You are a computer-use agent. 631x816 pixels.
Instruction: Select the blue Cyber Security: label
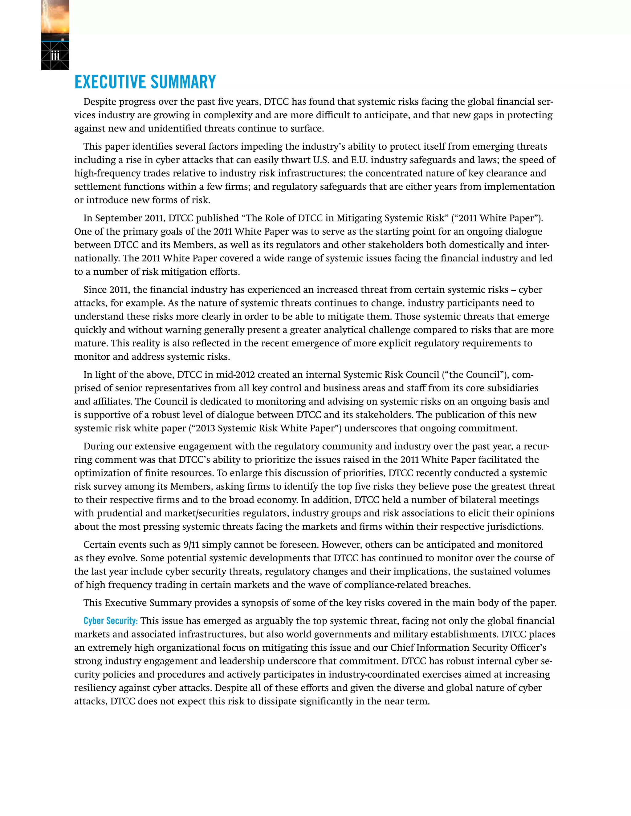pos(111,621)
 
